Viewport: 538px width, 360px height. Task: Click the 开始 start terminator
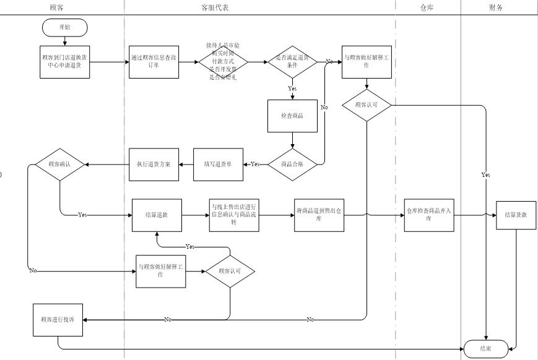pyautogui.click(x=65, y=27)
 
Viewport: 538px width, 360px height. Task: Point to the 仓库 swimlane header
pyautogui.click(x=427, y=7)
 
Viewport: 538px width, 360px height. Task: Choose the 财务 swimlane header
pyautogui.click(x=496, y=7)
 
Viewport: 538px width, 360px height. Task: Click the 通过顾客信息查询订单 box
pyautogui.click(x=154, y=62)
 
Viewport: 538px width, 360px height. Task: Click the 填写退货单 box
pyautogui.click(x=218, y=164)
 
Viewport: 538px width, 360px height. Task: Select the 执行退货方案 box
pyautogui.click(x=154, y=164)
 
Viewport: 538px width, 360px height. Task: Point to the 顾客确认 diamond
pyautogui.click(x=60, y=165)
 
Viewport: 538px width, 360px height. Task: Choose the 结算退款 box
pyautogui.click(x=157, y=215)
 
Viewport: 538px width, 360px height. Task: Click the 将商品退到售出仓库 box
pyautogui.click(x=318, y=215)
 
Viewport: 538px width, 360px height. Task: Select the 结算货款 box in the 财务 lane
pyautogui.click(x=516, y=215)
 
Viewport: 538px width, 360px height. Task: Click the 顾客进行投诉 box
pyautogui.click(x=58, y=320)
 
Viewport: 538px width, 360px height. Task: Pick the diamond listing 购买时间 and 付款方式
pyautogui.click(x=223, y=62)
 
